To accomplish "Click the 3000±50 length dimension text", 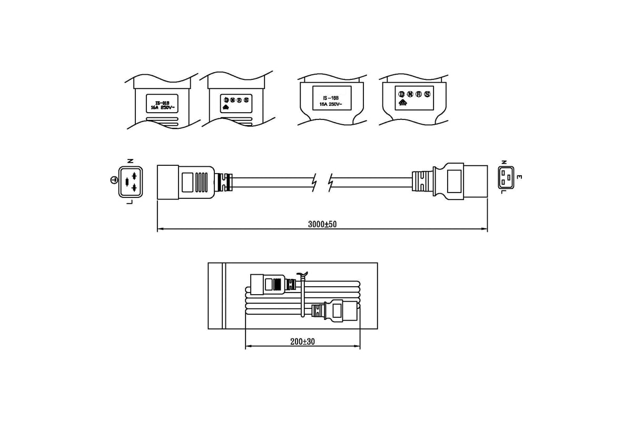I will tap(322, 224).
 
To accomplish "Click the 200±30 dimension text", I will tap(302, 342).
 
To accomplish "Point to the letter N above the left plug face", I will tap(130, 161).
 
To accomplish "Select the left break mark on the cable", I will tap(314, 182).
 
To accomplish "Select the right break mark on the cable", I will tap(331, 182).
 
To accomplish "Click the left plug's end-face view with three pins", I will tap(130, 182).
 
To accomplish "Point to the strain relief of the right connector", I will tap(422, 182).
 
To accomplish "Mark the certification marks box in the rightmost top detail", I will tap(414, 98).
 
